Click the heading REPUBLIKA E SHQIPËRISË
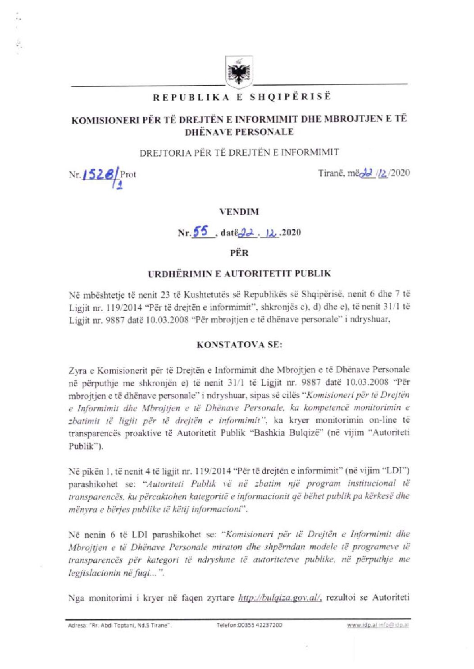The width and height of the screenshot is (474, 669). (x=242, y=97)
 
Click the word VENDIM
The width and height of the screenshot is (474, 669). (x=239, y=211)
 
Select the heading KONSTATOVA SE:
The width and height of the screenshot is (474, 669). (x=239, y=345)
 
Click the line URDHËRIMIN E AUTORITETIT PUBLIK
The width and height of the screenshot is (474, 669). (x=239, y=273)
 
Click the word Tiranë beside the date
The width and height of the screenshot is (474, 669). (x=331, y=173)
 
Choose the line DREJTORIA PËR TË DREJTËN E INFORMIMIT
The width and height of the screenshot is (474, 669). (x=239, y=152)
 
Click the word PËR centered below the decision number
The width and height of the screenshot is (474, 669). (x=239, y=253)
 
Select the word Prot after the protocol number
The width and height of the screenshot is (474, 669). (x=128, y=174)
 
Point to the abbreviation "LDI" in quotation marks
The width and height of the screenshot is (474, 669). (x=397, y=471)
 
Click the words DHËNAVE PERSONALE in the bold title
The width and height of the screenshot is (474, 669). (x=239, y=132)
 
